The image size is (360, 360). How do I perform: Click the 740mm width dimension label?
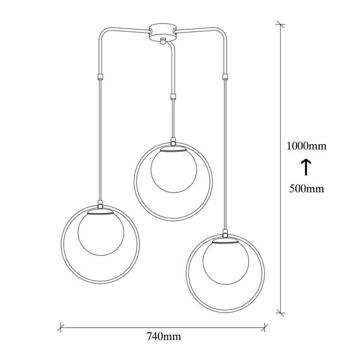click(164, 337)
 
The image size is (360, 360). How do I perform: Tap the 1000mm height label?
click(306, 146)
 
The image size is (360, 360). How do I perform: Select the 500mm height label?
click(307, 189)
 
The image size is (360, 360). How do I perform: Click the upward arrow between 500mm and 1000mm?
click(306, 167)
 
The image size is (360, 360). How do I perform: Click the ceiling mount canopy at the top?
click(163, 32)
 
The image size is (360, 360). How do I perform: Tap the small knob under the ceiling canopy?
click(163, 40)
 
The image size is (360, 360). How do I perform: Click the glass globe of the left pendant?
click(101, 233)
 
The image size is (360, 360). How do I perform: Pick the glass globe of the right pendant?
click(226, 262)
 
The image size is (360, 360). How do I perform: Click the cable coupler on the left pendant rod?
click(100, 77)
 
